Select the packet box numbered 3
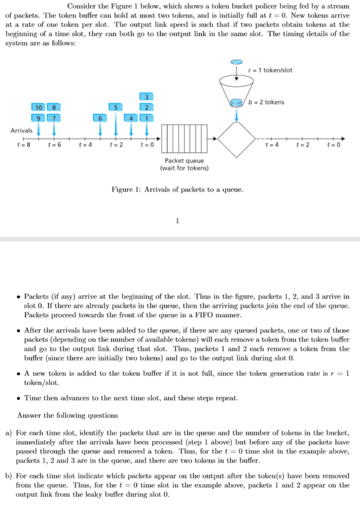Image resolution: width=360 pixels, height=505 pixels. [x=146, y=96]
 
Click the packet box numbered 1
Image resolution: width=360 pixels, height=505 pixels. [x=146, y=118]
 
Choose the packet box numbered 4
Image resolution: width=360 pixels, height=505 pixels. [x=131, y=118]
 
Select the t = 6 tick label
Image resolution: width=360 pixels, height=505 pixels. [x=54, y=146]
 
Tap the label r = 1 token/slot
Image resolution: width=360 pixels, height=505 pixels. [x=270, y=70]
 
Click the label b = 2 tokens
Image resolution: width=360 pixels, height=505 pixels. [x=266, y=102]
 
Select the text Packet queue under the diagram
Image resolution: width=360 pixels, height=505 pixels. [x=184, y=161]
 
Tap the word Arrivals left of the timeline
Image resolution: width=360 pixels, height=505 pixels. [x=21, y=130]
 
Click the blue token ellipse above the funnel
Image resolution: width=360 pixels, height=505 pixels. [x=237, y=62]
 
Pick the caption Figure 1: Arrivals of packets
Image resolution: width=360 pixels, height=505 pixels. [x=177, y=189]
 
